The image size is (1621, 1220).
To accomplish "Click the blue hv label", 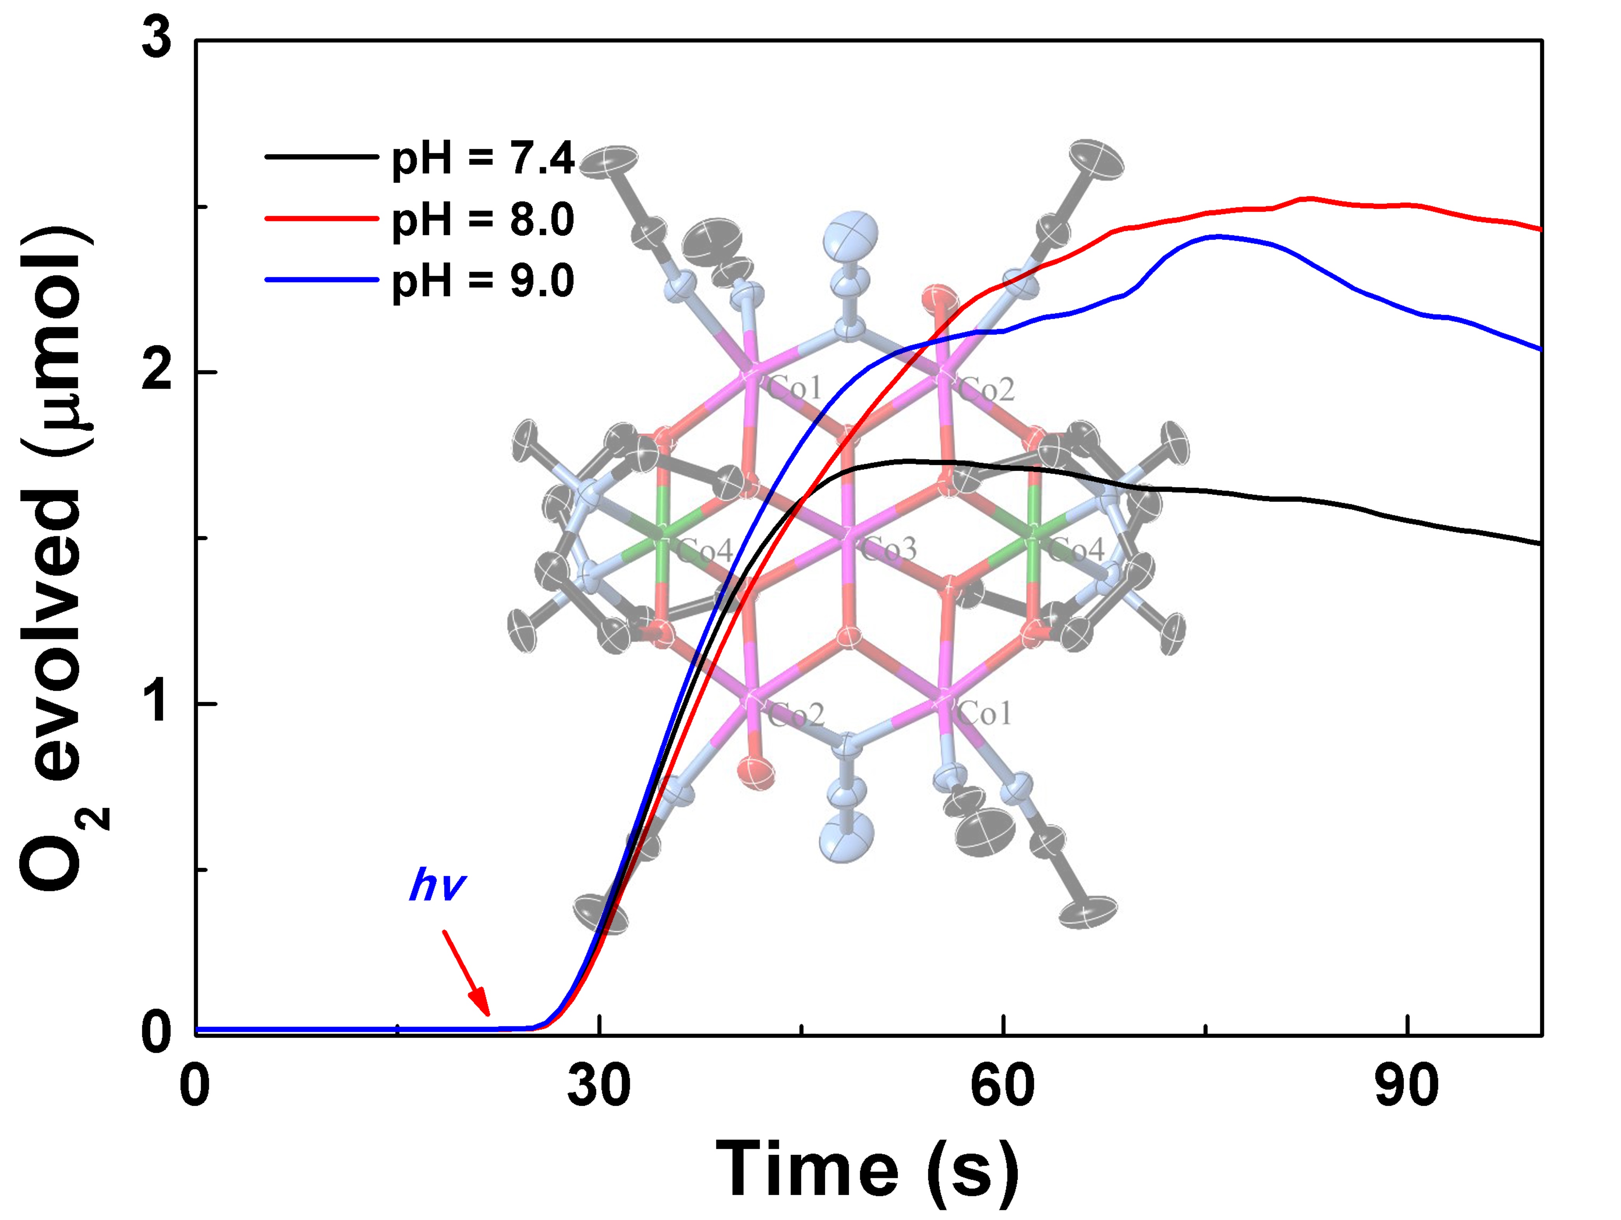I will coord(437,885).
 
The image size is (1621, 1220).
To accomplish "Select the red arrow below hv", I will coord(466,973).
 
